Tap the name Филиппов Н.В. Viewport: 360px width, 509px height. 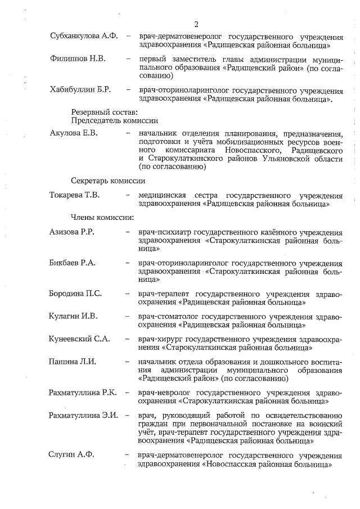coord(78,58)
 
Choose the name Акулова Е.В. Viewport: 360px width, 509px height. coord(74,133)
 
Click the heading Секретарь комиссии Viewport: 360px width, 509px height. coord(108,181)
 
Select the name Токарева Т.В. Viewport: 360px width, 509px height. coord(76,195)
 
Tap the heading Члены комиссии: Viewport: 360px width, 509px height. coord(102,216)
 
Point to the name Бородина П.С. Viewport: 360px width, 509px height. coord(75,293)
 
